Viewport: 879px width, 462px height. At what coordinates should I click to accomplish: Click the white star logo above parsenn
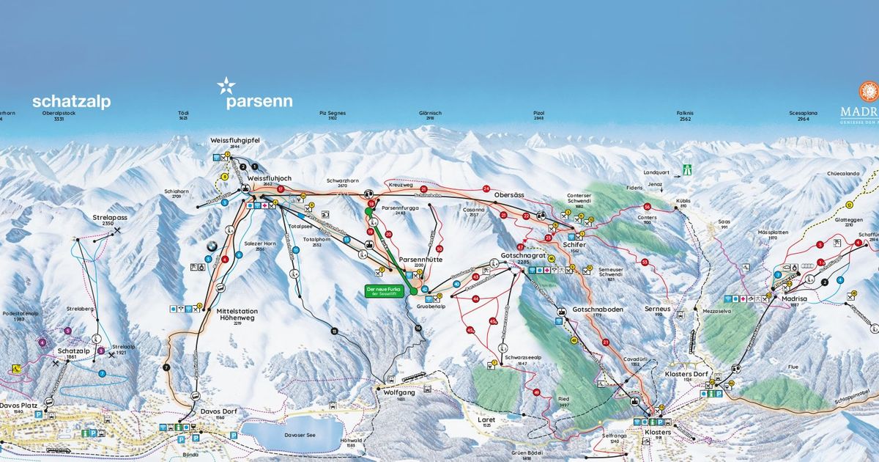tap(226, 87)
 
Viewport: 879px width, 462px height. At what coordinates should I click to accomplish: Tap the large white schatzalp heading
tap(71, 102)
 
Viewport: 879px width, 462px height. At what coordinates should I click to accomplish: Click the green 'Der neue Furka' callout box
tap(386, 290)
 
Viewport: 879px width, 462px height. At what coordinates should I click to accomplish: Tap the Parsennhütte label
tap(418, 260)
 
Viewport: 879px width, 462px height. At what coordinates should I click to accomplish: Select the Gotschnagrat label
tap(520, 257)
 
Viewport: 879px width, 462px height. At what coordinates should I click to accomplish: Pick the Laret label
tap(486, 421)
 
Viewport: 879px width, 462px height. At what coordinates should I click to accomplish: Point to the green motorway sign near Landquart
tap(687, 169)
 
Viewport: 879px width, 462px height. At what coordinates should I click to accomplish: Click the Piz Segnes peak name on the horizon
tap(332, 114)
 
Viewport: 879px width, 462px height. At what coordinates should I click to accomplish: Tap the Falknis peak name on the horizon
tap(685, 114)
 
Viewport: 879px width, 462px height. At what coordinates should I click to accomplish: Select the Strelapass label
tap(89, 218)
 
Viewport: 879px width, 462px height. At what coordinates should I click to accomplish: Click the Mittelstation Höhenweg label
tap(237, 314)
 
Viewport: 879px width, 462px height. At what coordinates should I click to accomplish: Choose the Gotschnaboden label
tap(598, 309)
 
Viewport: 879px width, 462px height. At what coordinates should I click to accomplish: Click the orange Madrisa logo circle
tap(869, 92)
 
